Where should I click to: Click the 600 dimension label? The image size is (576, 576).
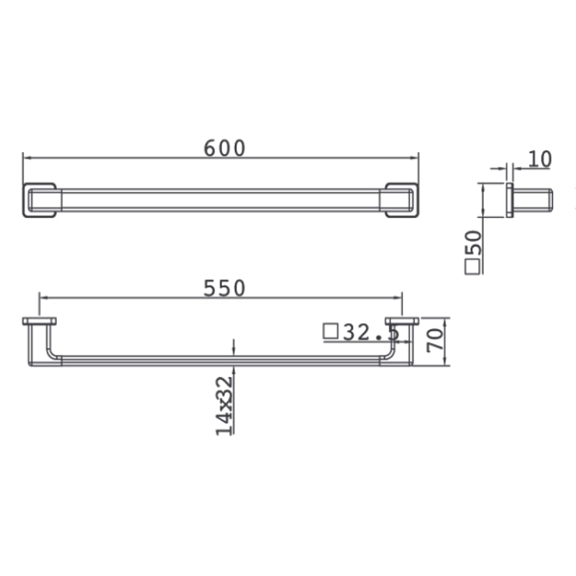click(224, 148)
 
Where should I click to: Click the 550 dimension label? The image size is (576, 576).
click(224, 288)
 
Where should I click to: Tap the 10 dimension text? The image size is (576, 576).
click(540, 159)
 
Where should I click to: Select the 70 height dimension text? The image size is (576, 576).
click(435, 340)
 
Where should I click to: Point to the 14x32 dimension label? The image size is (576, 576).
click(224, 406)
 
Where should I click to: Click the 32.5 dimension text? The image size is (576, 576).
click(371, 332)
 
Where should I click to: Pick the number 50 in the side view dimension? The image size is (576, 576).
click(473, 243)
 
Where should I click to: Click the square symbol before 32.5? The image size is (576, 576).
click(330, 331)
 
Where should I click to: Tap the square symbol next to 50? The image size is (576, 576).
click(472, 267)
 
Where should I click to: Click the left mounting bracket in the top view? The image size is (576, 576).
click(40, 200)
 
